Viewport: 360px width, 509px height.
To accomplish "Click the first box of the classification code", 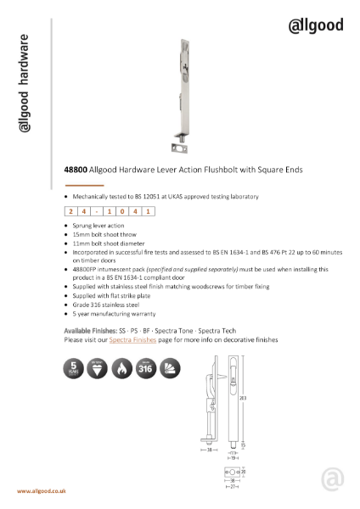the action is (70, 212).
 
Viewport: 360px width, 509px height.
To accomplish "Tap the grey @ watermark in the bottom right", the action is (333, 480).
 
